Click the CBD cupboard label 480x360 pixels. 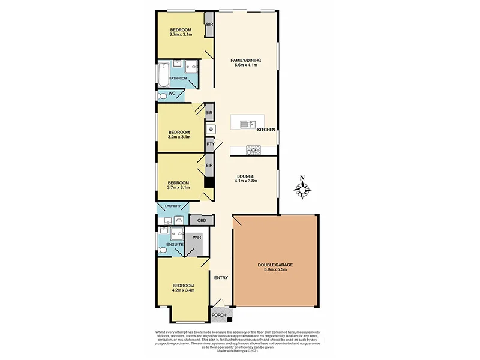[202, 221]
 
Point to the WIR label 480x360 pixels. [197, 238]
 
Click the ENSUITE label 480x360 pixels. [167, 245]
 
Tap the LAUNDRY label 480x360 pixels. [169, 206]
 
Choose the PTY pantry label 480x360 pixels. [210, 144]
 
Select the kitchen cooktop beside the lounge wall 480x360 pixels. [252, 150]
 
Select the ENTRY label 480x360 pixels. [221, 277]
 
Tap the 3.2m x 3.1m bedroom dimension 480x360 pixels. [179, 137]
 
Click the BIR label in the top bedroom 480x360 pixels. [209, 25]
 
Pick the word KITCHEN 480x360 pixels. [266, 130]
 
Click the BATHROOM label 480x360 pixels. [178, 79]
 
